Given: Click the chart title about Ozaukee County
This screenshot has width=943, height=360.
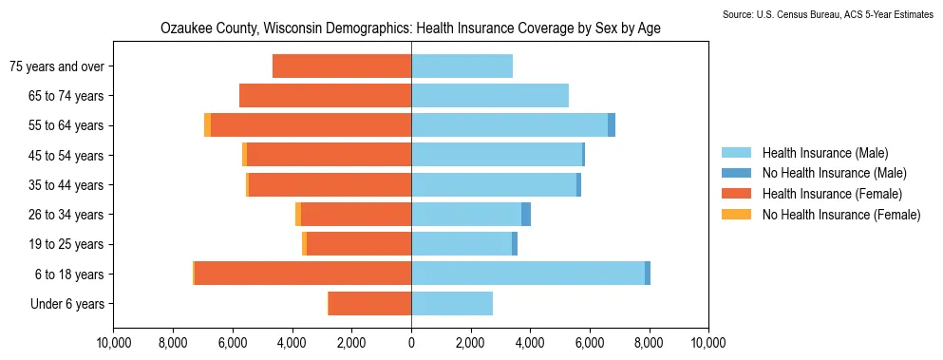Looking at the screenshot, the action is [411, 28].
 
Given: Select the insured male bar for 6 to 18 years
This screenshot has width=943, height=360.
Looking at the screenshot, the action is [528, 274].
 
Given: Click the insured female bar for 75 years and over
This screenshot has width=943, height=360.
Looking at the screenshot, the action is [342, 66].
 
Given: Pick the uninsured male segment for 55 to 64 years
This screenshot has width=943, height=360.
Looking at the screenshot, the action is [612, 125].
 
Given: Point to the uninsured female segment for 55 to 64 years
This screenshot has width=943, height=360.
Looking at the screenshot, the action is [207, 125].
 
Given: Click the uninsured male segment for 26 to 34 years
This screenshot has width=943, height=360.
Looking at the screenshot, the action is [525, 215].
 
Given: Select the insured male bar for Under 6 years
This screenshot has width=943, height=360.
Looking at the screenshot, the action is [452, 303].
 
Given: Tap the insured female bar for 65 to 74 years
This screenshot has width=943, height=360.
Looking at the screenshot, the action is [326, 95].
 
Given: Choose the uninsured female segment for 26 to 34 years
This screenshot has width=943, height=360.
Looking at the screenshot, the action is [298, 215].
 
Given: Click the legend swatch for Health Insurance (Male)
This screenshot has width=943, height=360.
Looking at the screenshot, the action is [735, 152].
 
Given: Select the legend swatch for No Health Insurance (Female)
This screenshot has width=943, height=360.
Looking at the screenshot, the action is [735, 214].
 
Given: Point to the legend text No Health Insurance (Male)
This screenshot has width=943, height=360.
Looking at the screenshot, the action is [834, 173].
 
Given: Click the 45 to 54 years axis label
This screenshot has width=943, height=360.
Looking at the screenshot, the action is [66, 156].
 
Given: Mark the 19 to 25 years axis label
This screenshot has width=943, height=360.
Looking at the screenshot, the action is [66, 244].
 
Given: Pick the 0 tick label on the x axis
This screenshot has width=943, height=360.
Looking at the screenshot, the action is [411, 345].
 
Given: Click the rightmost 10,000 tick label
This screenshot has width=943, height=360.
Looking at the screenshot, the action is [708, 345].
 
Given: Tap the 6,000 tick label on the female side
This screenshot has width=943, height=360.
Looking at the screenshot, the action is [233, 345].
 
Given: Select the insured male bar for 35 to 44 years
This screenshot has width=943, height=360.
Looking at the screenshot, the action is [494, 184].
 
